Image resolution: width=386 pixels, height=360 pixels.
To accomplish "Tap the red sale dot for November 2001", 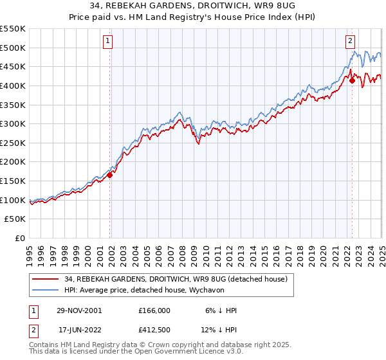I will tap(110, 174).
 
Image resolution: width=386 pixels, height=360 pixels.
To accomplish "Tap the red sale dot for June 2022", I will tap(352, 80).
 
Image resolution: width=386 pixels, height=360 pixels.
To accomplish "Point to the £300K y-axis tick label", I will tap(13, 123).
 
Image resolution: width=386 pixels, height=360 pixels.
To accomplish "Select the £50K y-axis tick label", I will tap(15, 219).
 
